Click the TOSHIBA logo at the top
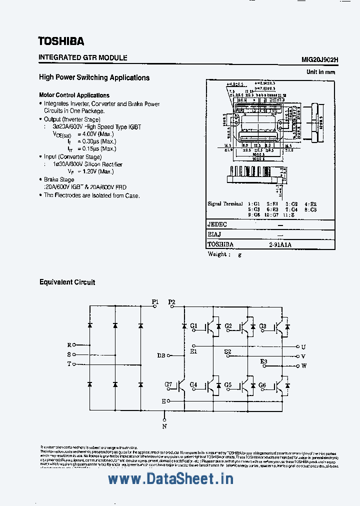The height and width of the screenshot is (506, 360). [61, 41]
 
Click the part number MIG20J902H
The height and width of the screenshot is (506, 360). [319, 59]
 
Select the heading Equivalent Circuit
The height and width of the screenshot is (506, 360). [67, 282]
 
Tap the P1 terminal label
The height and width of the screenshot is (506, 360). [155, 301]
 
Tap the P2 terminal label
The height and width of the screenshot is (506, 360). [172, 301]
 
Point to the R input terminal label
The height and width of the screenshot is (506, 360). [69, 345]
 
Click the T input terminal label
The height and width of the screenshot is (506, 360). [69, 364]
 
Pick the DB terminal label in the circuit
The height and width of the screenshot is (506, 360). [161, 355]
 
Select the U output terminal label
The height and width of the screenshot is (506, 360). [303, 346]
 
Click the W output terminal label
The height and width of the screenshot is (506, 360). [303, 366]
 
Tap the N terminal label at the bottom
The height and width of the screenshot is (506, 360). [164, 426]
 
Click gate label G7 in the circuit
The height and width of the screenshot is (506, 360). [168, 384]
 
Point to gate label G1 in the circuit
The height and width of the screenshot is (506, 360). [194, 326]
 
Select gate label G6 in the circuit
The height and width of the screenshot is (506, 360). [262, 384]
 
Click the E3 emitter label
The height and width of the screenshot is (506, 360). [263, 361]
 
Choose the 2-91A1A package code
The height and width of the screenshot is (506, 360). [279, 244]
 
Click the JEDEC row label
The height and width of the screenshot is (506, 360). [217, 225]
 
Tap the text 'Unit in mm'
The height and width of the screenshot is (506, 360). [320, 72]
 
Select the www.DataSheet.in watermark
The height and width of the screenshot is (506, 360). [170, 479]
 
